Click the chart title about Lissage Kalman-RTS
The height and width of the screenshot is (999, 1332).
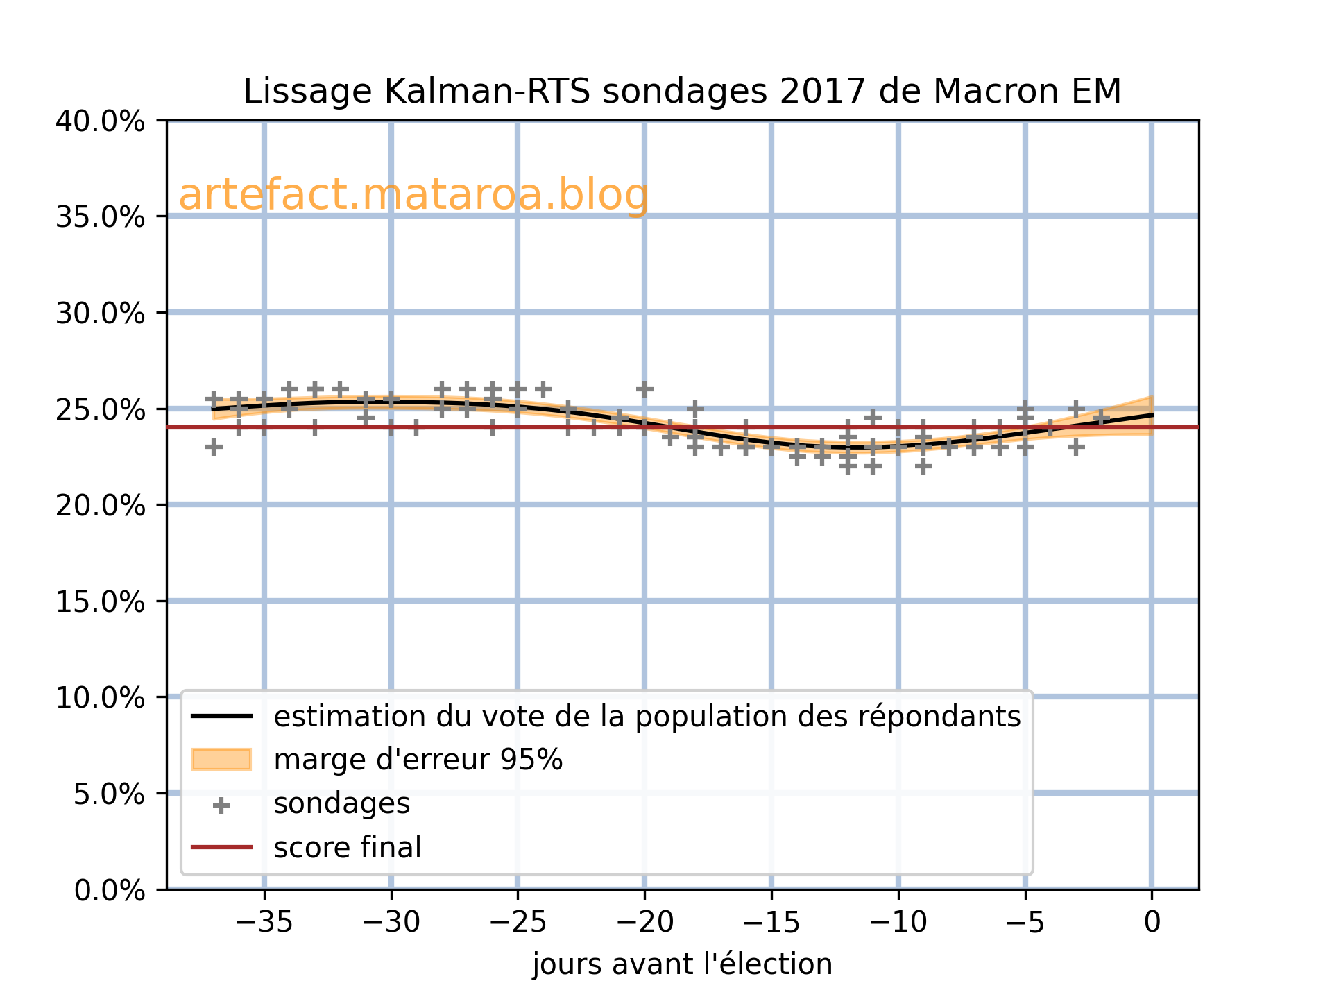point(682,92)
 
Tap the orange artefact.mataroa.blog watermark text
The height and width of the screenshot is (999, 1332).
point(413,195)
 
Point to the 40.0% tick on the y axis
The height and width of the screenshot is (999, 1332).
point(100,121)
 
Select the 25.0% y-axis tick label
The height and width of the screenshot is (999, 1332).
point(100,409)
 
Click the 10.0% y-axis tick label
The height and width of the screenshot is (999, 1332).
point(100,697)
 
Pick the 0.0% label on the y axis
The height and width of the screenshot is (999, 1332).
point(110,890)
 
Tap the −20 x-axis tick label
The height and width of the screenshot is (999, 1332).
point(644,923)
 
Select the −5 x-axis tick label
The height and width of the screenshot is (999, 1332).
point(1025,923)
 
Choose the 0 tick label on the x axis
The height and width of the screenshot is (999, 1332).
point(1152,923)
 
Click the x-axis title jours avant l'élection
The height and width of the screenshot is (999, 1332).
point(682,965)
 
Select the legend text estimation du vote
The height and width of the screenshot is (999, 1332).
point(647,717)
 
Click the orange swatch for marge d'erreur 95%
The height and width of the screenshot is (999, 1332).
point(221,760)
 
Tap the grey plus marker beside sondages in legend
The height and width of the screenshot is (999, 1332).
point(221,805)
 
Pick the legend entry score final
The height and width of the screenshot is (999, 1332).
point(347,848)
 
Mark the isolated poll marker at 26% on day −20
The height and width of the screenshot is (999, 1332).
point(644,389)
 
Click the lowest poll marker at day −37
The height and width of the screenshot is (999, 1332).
point(214,447)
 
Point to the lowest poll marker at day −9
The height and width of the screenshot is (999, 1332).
point(923,466)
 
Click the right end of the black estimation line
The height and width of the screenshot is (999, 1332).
point(1152,415)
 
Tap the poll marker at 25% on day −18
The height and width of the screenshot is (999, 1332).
point(695,409)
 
